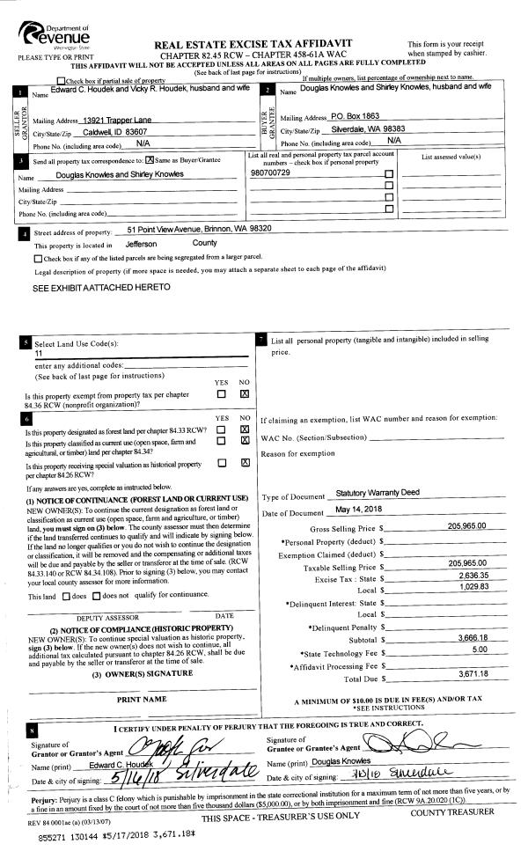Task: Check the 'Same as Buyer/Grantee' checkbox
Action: pyautogui.click(x=150, y=159)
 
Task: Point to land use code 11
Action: pyautogui.click(x=39, y=352)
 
